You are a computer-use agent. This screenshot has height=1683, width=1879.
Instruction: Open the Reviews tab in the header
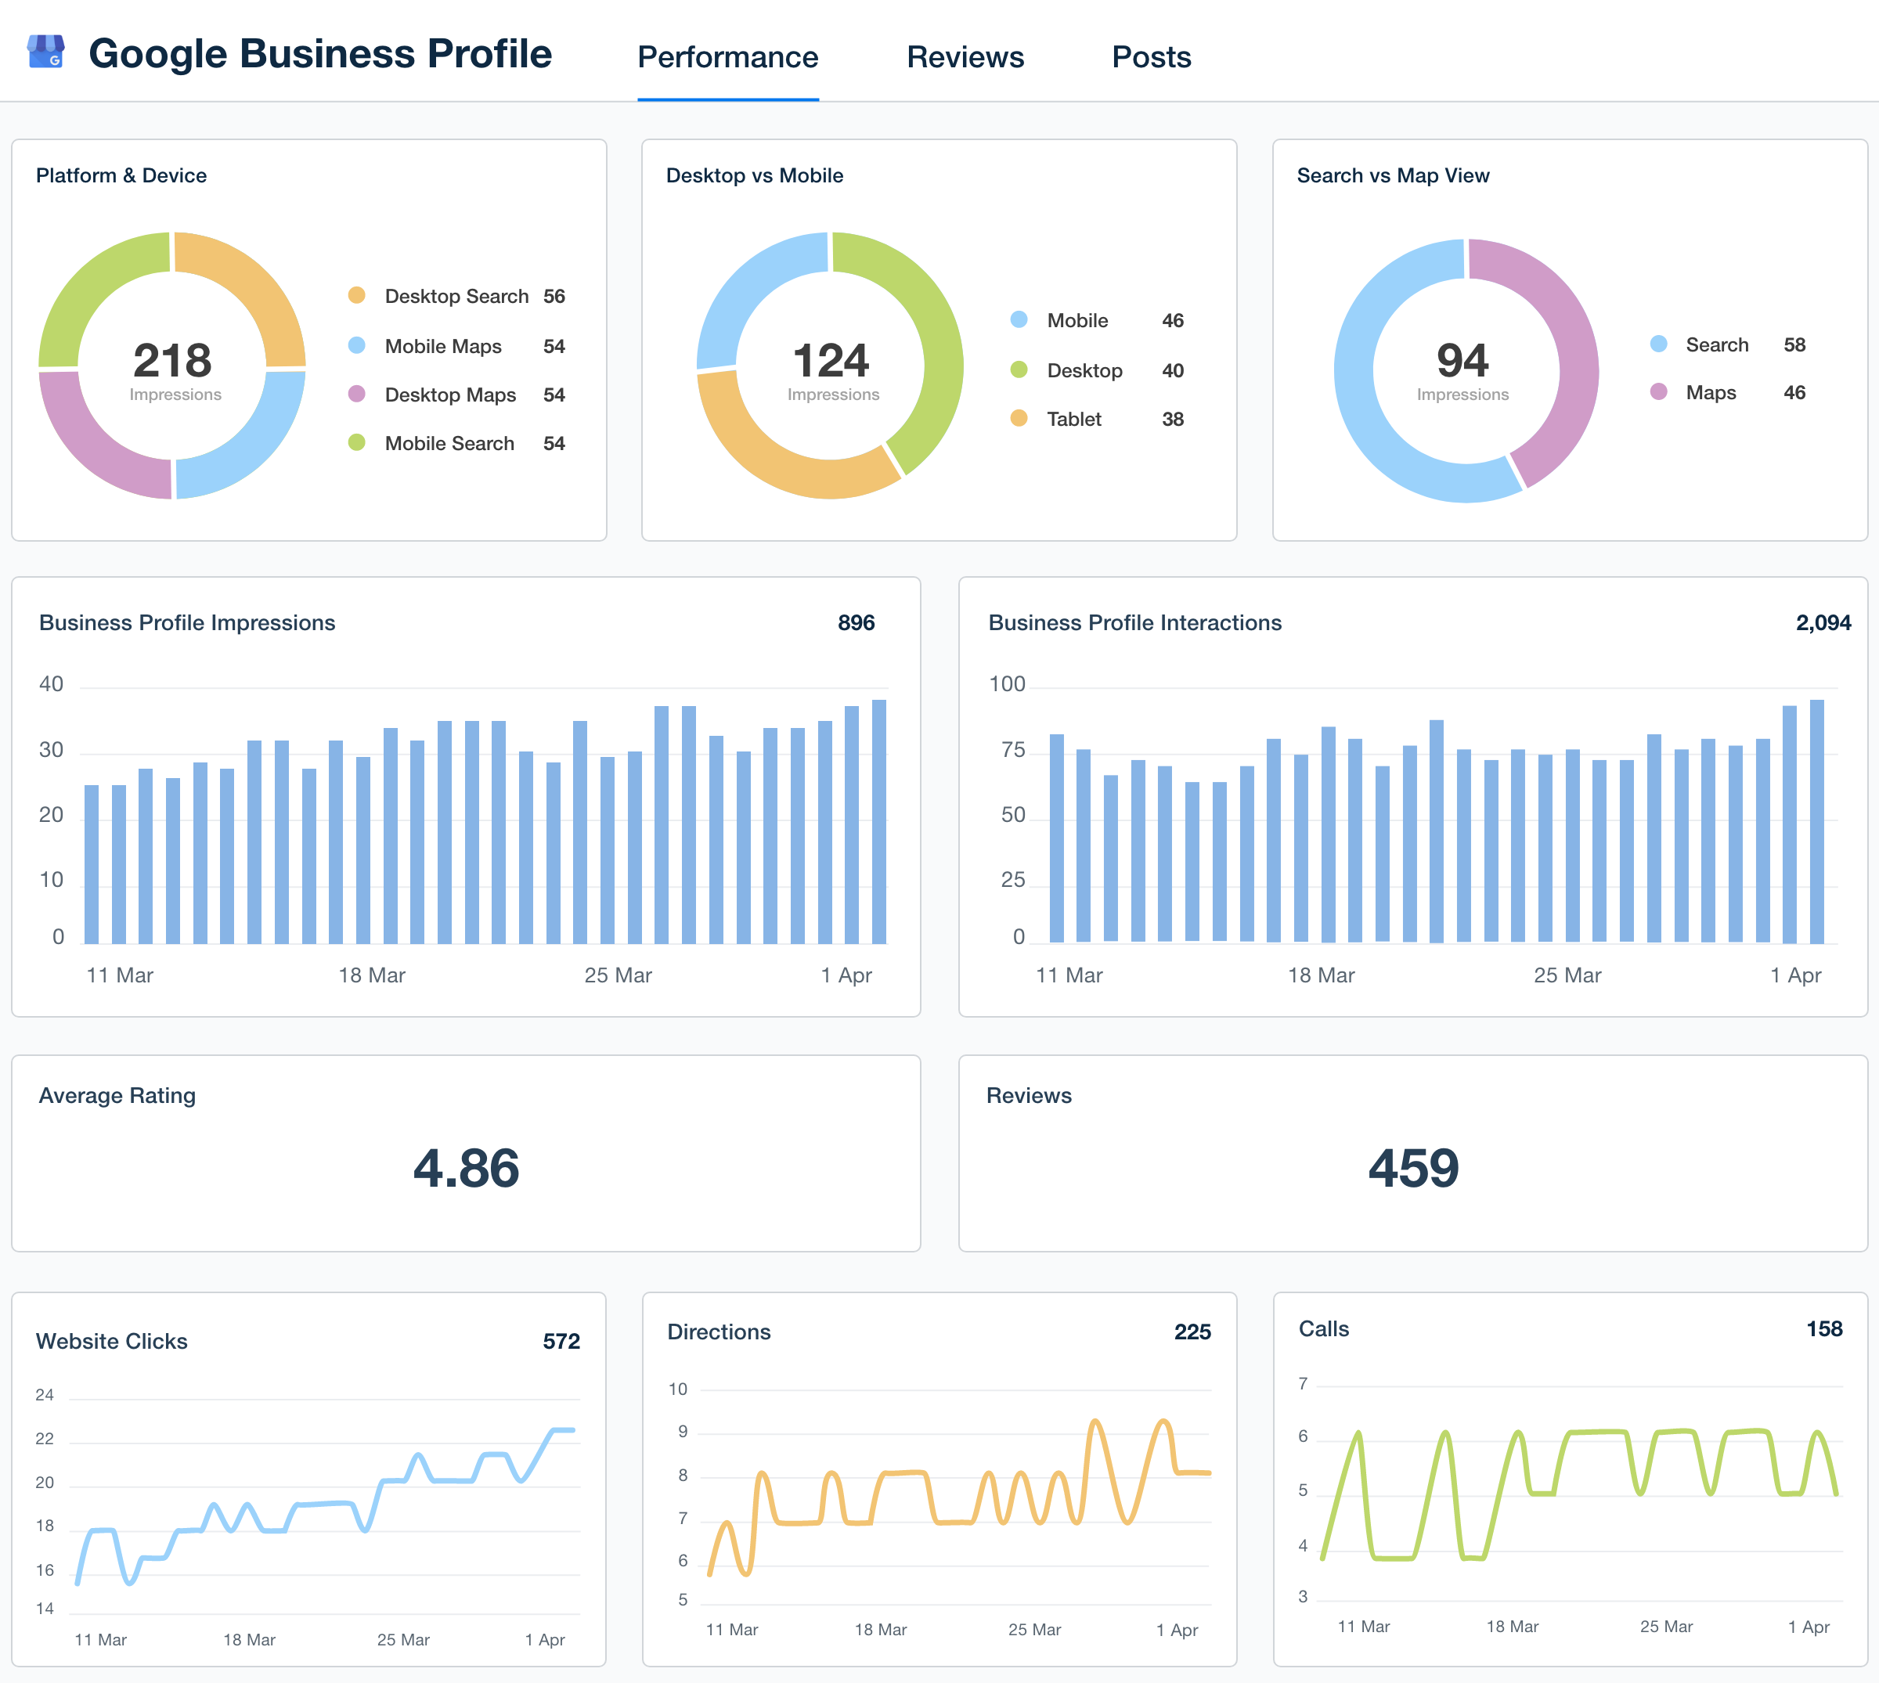click(x=965, y=57)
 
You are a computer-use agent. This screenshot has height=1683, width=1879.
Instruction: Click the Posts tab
click(x=1150, y=57)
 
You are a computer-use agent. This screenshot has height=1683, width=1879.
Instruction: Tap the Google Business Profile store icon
click(x=45, y=52)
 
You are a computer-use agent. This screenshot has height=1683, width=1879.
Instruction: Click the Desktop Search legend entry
click(x=456, y=296)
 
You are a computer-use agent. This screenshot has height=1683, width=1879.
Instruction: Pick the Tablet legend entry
click(x=1073, y=419)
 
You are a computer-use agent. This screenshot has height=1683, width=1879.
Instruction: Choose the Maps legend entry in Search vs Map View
click(x=1710, y=392)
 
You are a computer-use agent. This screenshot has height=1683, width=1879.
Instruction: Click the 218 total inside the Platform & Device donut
click(x=172, y=361)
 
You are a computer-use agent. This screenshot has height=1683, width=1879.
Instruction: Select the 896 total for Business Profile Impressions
click(x=856, y=622)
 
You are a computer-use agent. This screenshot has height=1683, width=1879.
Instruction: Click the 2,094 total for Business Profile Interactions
click(x=1822, y=622)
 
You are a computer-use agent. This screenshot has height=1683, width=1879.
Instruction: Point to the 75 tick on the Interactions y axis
click(x=1012, y=750)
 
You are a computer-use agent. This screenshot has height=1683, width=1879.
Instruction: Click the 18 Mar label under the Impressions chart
click(x=372, y=975)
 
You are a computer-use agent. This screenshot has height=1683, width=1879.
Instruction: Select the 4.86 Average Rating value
click(x=466, y=1168)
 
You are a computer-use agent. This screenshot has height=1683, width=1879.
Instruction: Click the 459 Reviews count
click(x=1413, y=1168)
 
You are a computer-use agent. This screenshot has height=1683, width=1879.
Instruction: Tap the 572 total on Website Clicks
click(x=561, y=1341)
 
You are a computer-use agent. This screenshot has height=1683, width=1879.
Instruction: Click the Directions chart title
click(x=719, y=1332)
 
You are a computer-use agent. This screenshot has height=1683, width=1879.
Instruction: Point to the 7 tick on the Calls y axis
click(x=1303, y=1383)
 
